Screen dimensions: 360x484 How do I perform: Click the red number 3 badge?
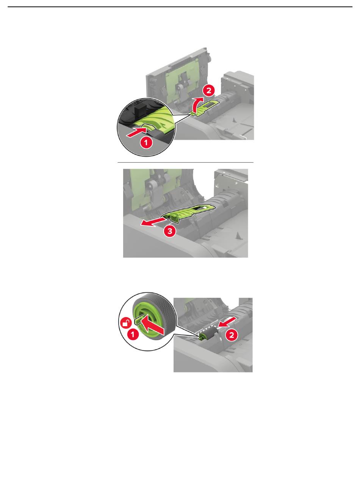click(x=170, y=231)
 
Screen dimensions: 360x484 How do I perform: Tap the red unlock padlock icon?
click(x=126, y=323)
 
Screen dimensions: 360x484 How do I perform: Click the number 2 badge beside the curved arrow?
click(x=209, y=90)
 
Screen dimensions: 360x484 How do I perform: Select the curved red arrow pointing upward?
click(x=197, y=104)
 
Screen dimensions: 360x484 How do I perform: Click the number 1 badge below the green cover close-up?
click(x=146, y=143)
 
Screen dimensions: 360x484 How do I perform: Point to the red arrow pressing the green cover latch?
click(x=137, y=132)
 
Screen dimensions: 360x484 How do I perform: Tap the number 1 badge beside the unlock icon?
click(x=133, y=334)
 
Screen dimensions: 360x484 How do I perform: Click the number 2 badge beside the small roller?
click(x=232, y=335)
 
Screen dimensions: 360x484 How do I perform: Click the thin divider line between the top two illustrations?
click(x=185, y=163)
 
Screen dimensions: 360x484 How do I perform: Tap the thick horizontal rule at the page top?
click(x=180, y=7)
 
